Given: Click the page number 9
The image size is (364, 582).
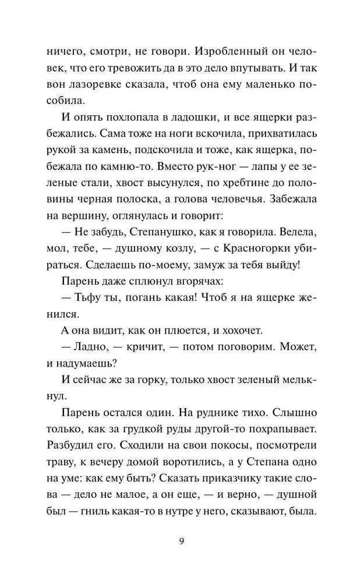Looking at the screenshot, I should point(182,542).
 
